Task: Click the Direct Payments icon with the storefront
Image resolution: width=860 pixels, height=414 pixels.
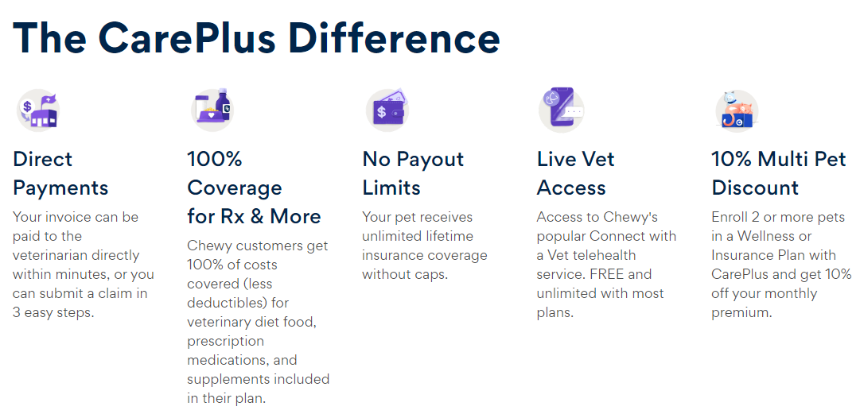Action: [39, 110]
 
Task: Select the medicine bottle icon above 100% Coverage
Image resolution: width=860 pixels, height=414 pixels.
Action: [212, 110]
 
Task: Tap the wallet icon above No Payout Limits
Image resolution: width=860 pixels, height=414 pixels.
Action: [387, 110]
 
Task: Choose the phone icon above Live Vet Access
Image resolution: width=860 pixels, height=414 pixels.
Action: [561, 110]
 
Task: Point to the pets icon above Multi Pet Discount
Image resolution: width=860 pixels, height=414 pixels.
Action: [736, 110]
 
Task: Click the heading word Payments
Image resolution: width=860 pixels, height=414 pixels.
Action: [60, 188]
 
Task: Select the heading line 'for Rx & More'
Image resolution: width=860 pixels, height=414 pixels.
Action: [254, 216]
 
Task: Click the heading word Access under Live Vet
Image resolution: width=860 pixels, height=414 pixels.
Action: [571, 188]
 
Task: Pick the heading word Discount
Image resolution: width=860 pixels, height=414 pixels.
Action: [755, 188]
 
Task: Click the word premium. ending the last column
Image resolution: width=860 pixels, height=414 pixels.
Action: [741, 312]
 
